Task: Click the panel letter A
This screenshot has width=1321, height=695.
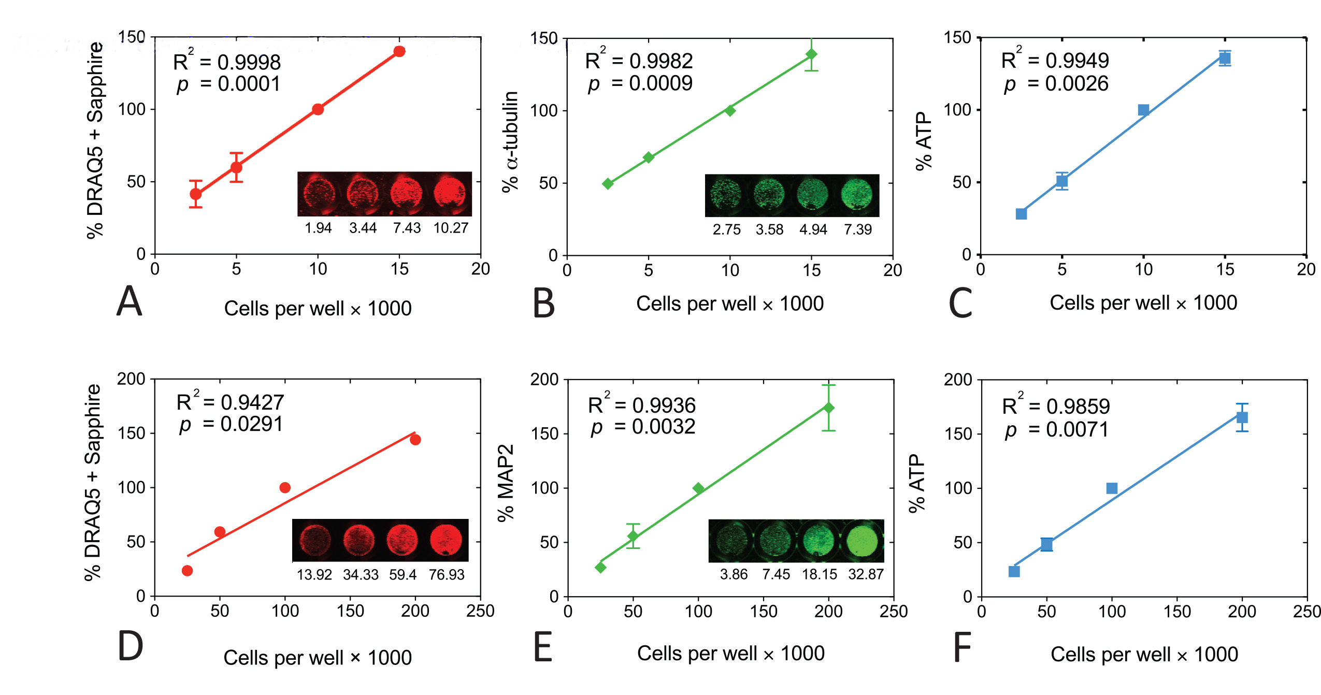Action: click(x=129, y=301)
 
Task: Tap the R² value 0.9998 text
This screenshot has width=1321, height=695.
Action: click(x=227, y=63)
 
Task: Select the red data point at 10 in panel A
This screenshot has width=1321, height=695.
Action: click(x=318, y=109)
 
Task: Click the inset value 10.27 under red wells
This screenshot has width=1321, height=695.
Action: click(x=451, y=228)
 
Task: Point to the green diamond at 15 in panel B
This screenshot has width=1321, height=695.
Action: click(x=811, y=54)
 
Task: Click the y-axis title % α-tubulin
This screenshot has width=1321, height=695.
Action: click(x=511, y=141)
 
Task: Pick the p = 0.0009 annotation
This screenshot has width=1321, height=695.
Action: click(x=640, y=83)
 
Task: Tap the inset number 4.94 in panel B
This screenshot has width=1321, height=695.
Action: click(x=813, y=229)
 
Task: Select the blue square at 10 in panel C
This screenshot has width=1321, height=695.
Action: click(x=1143, y=110)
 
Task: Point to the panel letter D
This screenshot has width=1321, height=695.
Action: click(x=130, y=646)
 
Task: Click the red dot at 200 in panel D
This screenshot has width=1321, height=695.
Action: click(x=415, y=440)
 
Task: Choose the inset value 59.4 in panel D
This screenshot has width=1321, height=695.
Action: click(x=403, y=575)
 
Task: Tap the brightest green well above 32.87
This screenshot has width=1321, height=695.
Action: click(x=862, y=541)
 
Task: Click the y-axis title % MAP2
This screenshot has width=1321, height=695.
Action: click(x=506, y=483)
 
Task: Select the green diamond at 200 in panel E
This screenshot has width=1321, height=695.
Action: click(x=828, y=408)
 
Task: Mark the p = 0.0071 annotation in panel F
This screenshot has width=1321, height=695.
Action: click(x=1056, y=429)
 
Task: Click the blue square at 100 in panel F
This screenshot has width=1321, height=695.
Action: click(x=1112, y=488)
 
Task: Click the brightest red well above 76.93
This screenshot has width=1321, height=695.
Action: click(x=446, y=540)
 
